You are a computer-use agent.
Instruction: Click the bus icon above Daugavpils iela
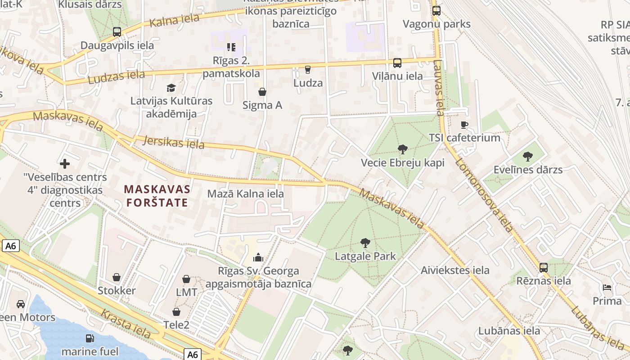[117, 32]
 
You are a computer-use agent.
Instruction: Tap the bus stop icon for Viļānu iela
[397, 63]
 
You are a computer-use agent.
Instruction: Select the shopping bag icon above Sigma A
[262, 92]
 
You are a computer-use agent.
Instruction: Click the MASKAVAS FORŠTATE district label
[157, 196]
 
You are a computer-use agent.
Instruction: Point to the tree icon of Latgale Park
[365, 243]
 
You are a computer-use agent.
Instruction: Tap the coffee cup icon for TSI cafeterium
[464, 125]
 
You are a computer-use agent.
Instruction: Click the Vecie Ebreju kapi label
[402, 162]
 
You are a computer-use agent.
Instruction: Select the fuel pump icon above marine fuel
[90, 338]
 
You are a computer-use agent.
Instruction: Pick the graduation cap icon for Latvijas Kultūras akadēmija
[171, 88]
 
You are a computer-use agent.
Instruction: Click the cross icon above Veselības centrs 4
[65, 164]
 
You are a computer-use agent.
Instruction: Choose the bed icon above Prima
[607, 288]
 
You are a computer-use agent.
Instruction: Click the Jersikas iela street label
[173, 142]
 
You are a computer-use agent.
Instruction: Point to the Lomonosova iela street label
[483, 195]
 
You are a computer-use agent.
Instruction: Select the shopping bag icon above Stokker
[117, 277]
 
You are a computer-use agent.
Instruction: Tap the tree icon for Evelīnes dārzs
[528, 157]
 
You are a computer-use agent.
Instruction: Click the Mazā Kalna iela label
[245, 193]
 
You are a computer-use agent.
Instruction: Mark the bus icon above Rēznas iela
[544, 268]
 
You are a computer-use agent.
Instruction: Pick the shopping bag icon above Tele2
[176, 312]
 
